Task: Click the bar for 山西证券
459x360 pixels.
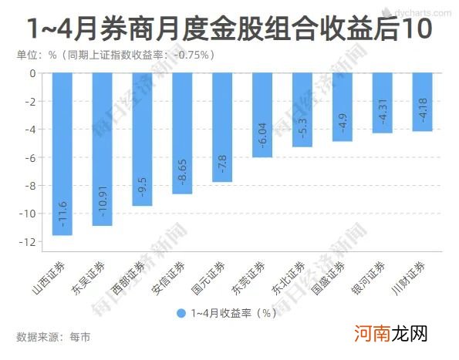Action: (x=62, y=154)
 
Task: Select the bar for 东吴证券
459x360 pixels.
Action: (x=102, y=150)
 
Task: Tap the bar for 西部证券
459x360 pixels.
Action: (x=142, y=140)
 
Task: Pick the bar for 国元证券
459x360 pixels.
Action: (x=222, y=127)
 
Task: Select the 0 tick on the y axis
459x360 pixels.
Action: (x=32, y=74)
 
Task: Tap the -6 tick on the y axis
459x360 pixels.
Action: (x=31, y=158)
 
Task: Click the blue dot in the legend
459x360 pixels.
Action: (x=181, y=313)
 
